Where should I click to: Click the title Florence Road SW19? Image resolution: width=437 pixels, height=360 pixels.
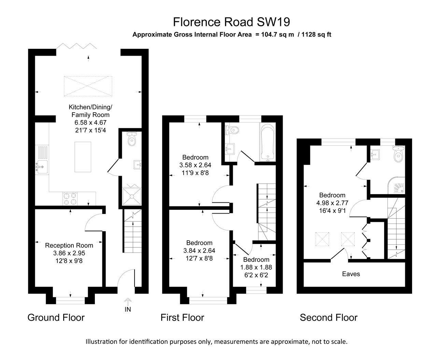pos(231,22)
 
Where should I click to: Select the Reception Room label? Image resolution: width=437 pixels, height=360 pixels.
pos(69,245)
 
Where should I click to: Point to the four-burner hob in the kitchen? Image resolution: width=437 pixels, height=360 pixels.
pos(70,199)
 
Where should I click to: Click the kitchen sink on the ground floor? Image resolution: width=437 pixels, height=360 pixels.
pos(42,167)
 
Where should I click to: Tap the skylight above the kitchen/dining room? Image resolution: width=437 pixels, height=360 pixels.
pos(88,86)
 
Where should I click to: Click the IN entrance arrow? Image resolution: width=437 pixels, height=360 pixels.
pos(128,305)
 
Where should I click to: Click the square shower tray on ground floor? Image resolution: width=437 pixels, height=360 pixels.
pos(131,196)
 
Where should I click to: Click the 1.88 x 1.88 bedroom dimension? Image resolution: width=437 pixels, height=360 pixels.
pos(256,267)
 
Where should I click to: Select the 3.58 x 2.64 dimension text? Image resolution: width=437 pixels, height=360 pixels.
pos(195,165)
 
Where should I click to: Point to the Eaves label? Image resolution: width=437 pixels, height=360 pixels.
pos(351,274)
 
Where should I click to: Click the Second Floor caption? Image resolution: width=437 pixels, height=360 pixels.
pos(328,318)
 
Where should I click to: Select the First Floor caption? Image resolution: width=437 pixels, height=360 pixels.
pos(182,318)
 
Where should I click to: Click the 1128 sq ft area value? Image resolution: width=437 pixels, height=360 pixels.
pos(316,34)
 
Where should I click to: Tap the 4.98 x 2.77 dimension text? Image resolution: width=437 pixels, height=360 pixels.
pos(332,203)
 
